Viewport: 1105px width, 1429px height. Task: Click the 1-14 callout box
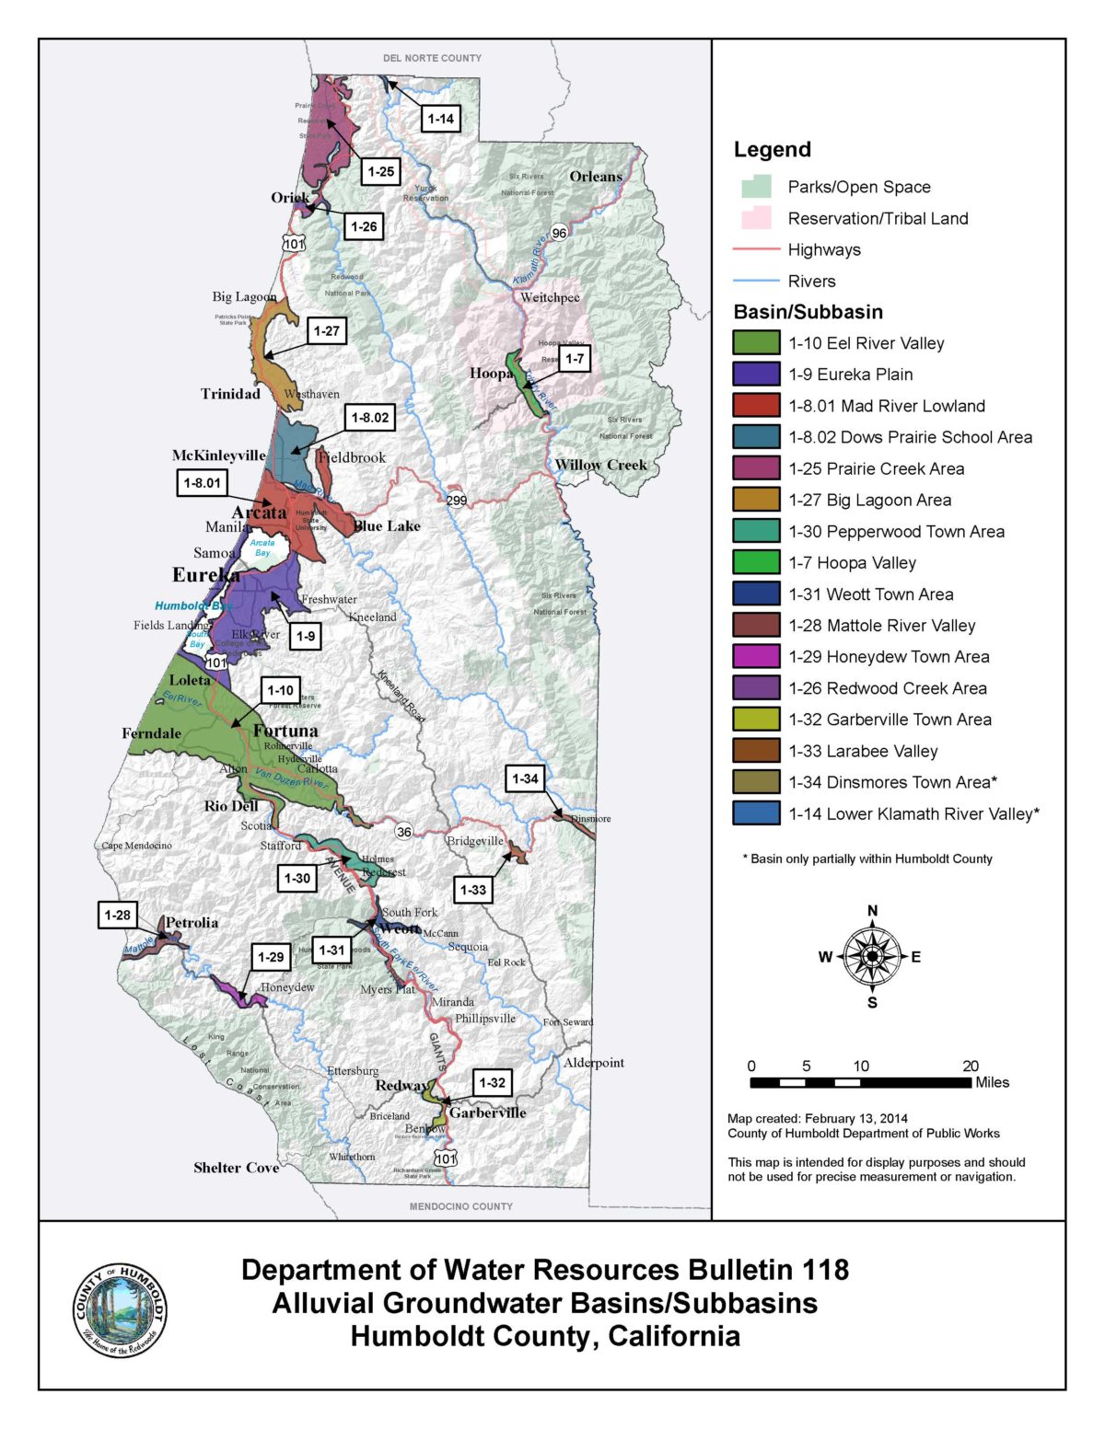441,119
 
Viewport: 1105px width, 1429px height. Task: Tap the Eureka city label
206,575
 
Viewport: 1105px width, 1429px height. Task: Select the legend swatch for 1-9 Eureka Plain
756,374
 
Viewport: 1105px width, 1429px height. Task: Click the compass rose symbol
872,957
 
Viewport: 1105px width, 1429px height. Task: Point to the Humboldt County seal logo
121,1308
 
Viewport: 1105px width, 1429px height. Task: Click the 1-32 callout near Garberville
493,1082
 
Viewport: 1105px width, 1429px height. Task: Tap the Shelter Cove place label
236,1168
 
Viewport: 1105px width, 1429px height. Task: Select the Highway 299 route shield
456,500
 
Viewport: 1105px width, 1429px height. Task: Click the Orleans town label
596,177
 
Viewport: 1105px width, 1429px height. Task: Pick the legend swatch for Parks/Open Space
756,187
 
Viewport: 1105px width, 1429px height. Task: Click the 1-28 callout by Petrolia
117,915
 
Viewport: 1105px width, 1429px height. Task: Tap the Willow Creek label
601,465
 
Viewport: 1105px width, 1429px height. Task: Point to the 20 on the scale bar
970,1066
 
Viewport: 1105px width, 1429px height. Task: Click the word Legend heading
772,149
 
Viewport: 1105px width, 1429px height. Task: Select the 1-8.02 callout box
370,418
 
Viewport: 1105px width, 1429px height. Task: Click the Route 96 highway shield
559,233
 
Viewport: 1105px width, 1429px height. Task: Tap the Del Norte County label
432,58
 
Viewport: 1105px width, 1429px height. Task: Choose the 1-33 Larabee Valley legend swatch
756,751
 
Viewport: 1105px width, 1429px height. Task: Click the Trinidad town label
230,394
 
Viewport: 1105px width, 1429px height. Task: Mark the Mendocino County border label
460,1205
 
